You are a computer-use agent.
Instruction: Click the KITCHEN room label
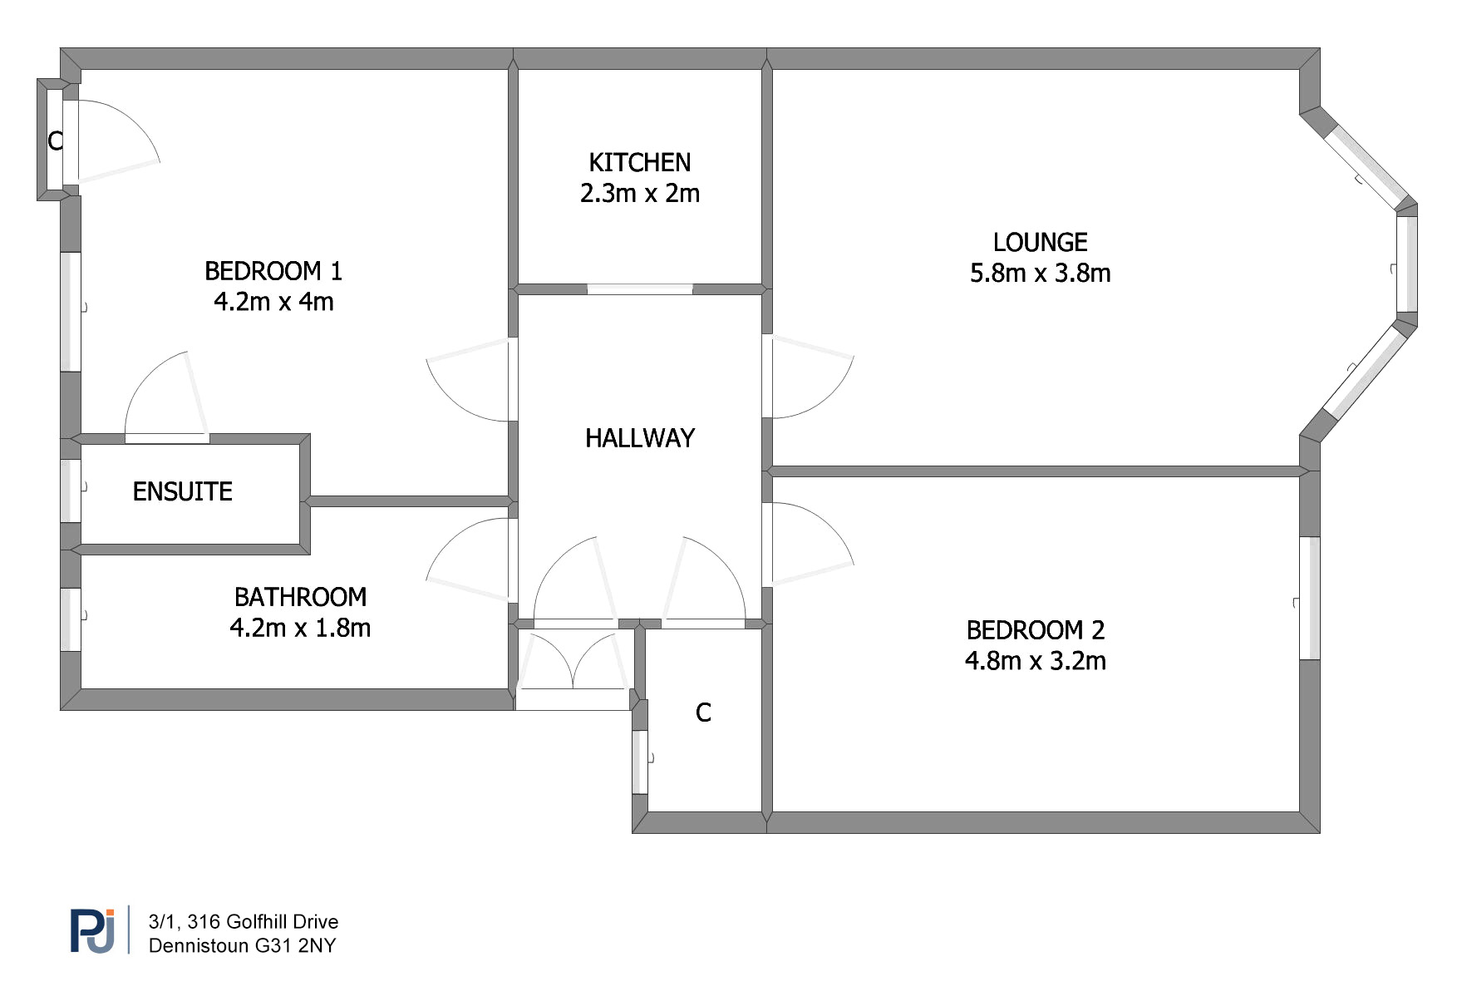[639, 162]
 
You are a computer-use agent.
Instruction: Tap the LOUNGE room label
[1040, 242]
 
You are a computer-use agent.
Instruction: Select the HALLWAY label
[639, 438]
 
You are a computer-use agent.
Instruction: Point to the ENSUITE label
[182, 491]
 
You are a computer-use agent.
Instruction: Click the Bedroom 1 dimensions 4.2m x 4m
[273, 301]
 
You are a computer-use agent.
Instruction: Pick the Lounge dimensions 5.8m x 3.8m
[1040, 273]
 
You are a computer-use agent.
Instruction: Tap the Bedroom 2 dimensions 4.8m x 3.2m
[1035, 661]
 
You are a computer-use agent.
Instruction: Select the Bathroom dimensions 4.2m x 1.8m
[300, 628]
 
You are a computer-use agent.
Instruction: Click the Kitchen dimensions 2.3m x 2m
[639, 193]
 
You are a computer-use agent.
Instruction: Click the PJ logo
[92, 930]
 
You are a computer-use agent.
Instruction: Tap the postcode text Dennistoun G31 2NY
[242, 945]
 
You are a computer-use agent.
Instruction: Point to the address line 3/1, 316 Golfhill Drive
[244, 921]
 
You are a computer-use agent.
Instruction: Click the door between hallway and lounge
[807, 377]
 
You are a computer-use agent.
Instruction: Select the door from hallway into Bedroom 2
[807, 544]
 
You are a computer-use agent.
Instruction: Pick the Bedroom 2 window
[1309, 598]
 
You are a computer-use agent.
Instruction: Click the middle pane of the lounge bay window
[1406, 264]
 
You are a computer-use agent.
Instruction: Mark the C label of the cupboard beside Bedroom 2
[703, 713]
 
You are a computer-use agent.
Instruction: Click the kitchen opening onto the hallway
[640, 289]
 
